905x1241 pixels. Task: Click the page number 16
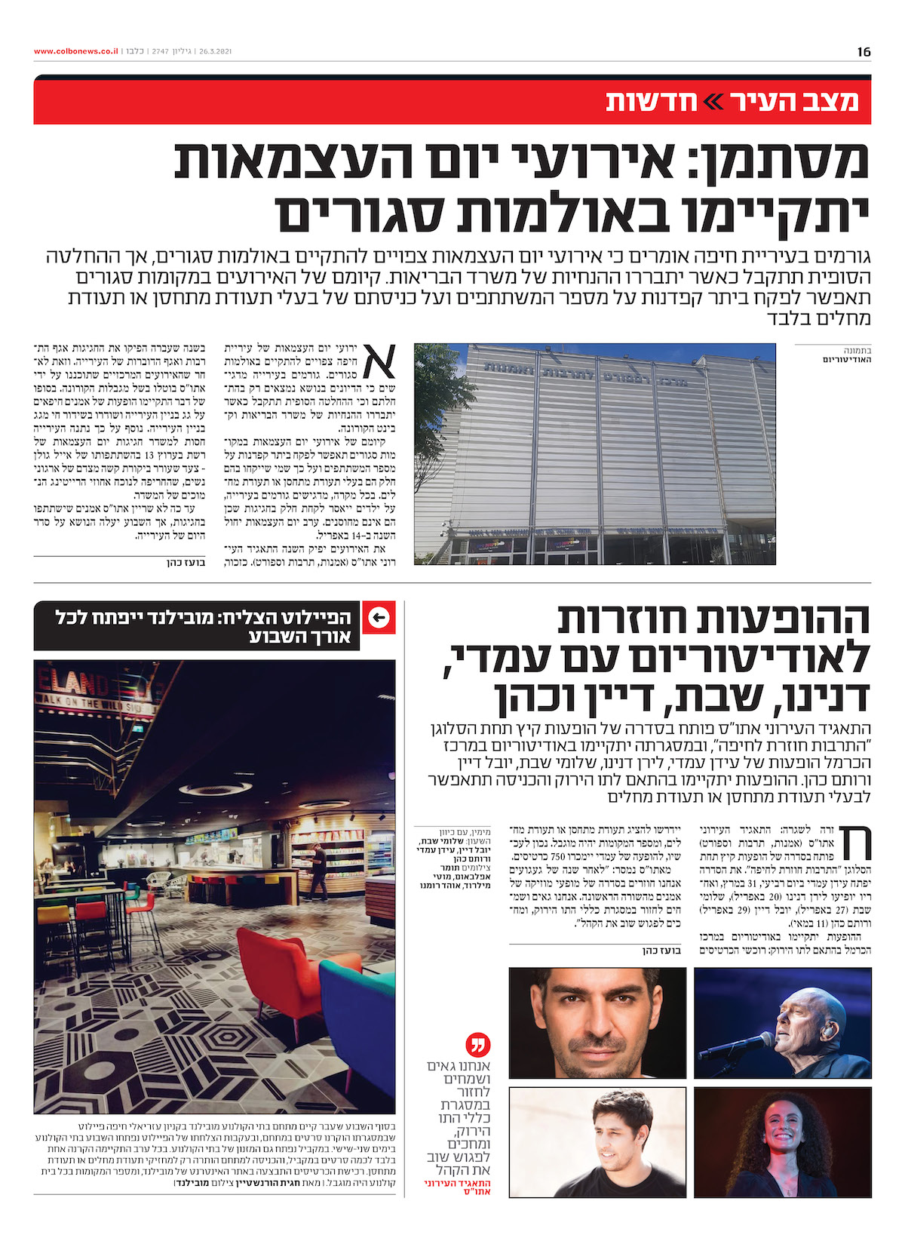864,51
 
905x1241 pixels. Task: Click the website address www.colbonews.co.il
75,51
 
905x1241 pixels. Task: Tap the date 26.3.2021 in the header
214,51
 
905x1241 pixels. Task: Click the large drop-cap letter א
379,363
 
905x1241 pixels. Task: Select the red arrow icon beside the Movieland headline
379,619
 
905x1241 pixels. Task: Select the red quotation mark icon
478,1045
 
